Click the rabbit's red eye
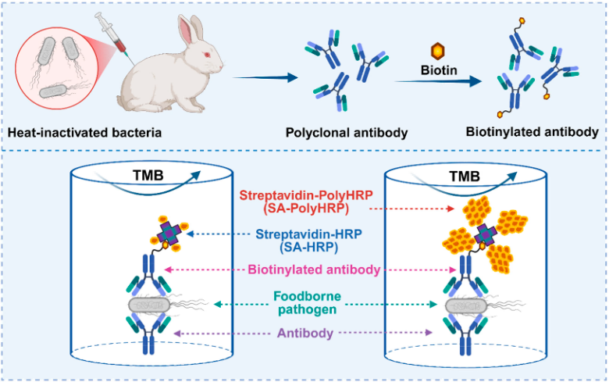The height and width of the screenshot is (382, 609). click(207, 55)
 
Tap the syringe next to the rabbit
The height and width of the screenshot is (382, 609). click(114, 36)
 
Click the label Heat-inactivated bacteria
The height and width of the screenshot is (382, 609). click(84, 133)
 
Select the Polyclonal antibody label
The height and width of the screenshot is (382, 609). click(347, 133)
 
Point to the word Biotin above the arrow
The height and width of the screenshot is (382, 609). click(439, 70)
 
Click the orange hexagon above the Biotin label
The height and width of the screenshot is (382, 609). click(438, 51)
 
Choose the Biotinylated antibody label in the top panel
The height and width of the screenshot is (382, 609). click(532, 132)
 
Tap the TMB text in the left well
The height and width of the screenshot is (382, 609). click(148, 176)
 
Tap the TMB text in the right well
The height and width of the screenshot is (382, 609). click(465, 177)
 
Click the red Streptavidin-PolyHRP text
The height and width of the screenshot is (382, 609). click(304, 202)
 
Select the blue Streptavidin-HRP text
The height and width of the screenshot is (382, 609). click(308, 240)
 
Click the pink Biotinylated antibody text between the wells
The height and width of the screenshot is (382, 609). click(314, 270)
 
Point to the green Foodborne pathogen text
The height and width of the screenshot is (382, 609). click(307, 303)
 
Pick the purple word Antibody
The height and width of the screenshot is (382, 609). click(305, 333)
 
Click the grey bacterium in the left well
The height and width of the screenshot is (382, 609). click(150, 305)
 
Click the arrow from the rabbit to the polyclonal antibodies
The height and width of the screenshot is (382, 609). click(265, 77)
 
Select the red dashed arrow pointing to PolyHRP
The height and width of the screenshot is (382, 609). click(411, 209)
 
